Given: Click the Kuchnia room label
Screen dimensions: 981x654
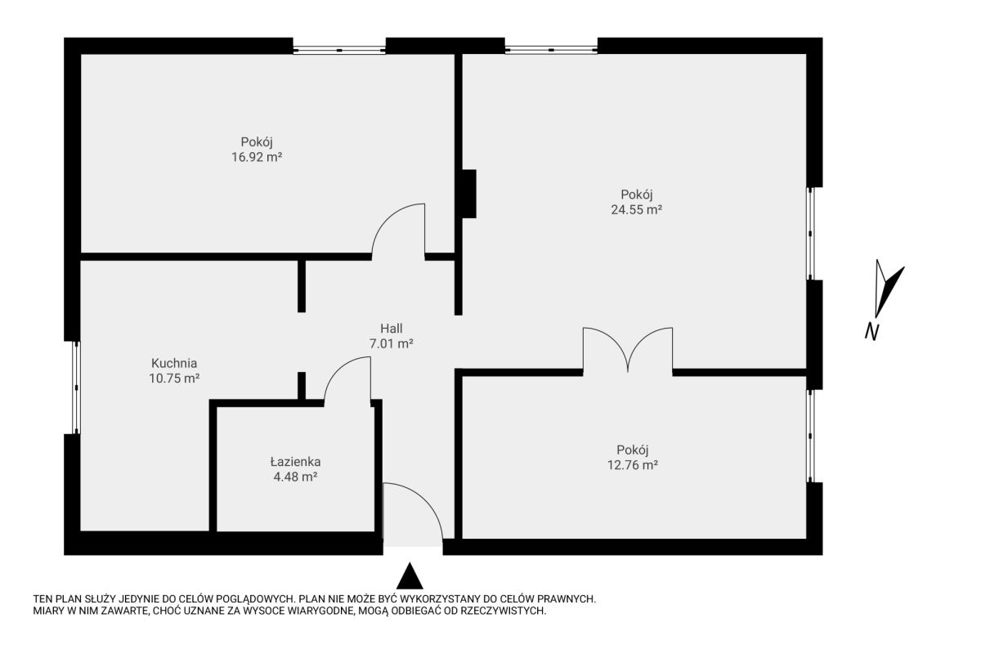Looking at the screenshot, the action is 174,363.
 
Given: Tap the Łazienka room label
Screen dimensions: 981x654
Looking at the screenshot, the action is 295,462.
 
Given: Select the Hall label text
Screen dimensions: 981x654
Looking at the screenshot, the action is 391,328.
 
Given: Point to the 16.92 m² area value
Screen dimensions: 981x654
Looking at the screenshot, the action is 256,157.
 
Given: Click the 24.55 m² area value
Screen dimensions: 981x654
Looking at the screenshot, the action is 636,209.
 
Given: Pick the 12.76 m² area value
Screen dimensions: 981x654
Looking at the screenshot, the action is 633,464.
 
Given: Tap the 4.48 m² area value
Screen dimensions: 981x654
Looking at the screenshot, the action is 295,477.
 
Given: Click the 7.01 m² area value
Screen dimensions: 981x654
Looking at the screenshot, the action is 391,343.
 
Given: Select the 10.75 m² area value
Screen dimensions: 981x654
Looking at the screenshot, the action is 174,378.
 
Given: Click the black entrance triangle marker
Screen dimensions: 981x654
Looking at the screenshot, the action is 410,577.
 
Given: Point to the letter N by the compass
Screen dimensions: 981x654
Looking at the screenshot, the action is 871,332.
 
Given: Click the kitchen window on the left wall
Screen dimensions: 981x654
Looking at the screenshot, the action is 76,387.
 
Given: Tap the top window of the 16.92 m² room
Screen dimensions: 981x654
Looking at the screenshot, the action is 339,51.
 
